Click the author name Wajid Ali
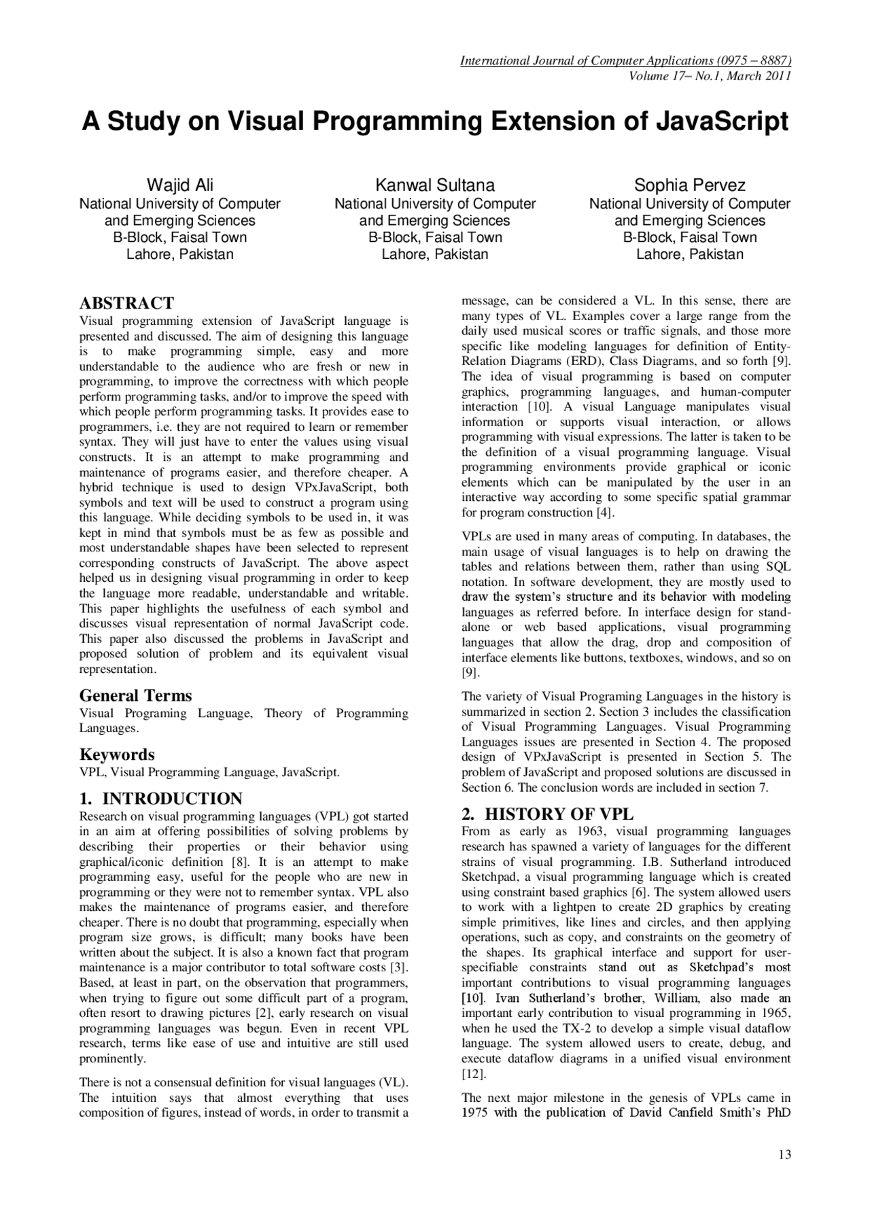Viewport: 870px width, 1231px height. [x=180, y=185]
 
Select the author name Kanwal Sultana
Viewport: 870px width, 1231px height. [x=435, y=185]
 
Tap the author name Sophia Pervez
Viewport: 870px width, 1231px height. [x=690, y=185]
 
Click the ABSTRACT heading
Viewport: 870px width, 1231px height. [x=126, y=303]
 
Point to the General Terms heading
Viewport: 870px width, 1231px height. [x=135, y=695]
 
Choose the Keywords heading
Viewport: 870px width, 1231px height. [x=117, y=755]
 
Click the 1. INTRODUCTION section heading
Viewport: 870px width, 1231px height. [x=161, y=799]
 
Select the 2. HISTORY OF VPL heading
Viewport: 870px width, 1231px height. [x=547, y=814]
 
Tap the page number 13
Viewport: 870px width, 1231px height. [x=784, y=1154]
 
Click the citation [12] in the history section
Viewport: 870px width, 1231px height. [x=473, y=1074]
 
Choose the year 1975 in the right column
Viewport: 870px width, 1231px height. [x=474, y=1113]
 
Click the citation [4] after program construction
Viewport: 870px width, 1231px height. [x=605, y=513]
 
